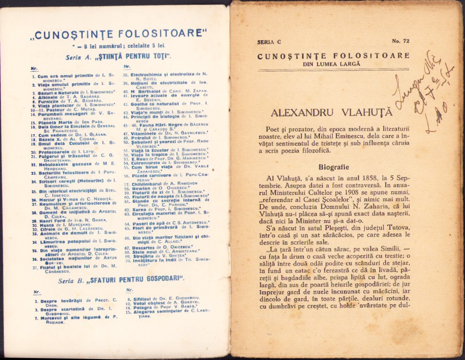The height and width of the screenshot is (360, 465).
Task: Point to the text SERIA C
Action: (269, 42)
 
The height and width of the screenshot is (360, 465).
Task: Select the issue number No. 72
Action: (401, 42)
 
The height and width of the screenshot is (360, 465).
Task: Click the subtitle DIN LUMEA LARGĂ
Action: (333, 63)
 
